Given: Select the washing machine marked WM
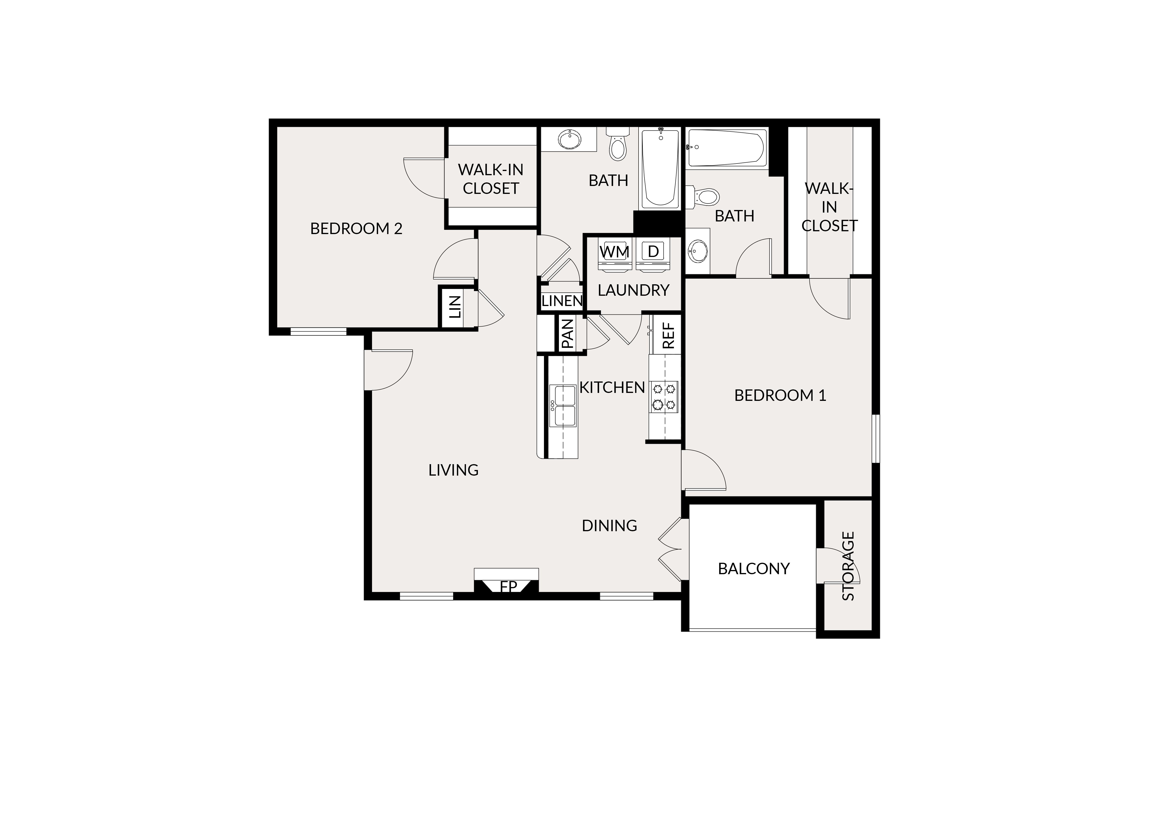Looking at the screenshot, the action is [615, 255].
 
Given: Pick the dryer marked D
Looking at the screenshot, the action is [653, 255].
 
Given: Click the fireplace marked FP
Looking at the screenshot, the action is [507, 582].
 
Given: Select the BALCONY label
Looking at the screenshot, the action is [753, 569].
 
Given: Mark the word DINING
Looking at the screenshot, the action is [609, 526].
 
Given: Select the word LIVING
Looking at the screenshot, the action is [453, 470].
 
